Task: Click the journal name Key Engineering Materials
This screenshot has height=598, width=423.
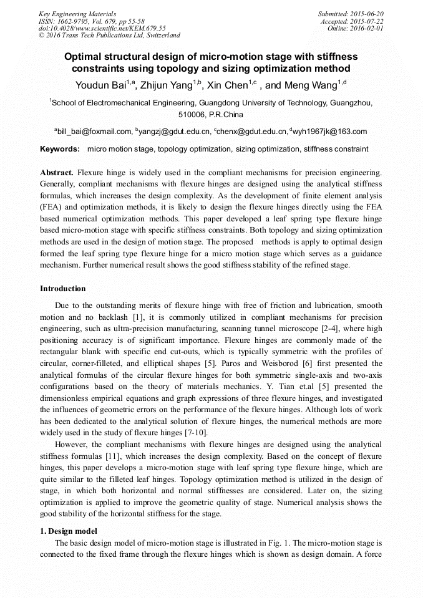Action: point(77,14)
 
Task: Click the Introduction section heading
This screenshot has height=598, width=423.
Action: point(63,289)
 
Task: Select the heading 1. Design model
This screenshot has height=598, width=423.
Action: point(68,531)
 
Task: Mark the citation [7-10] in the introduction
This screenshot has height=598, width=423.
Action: point(192,432)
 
